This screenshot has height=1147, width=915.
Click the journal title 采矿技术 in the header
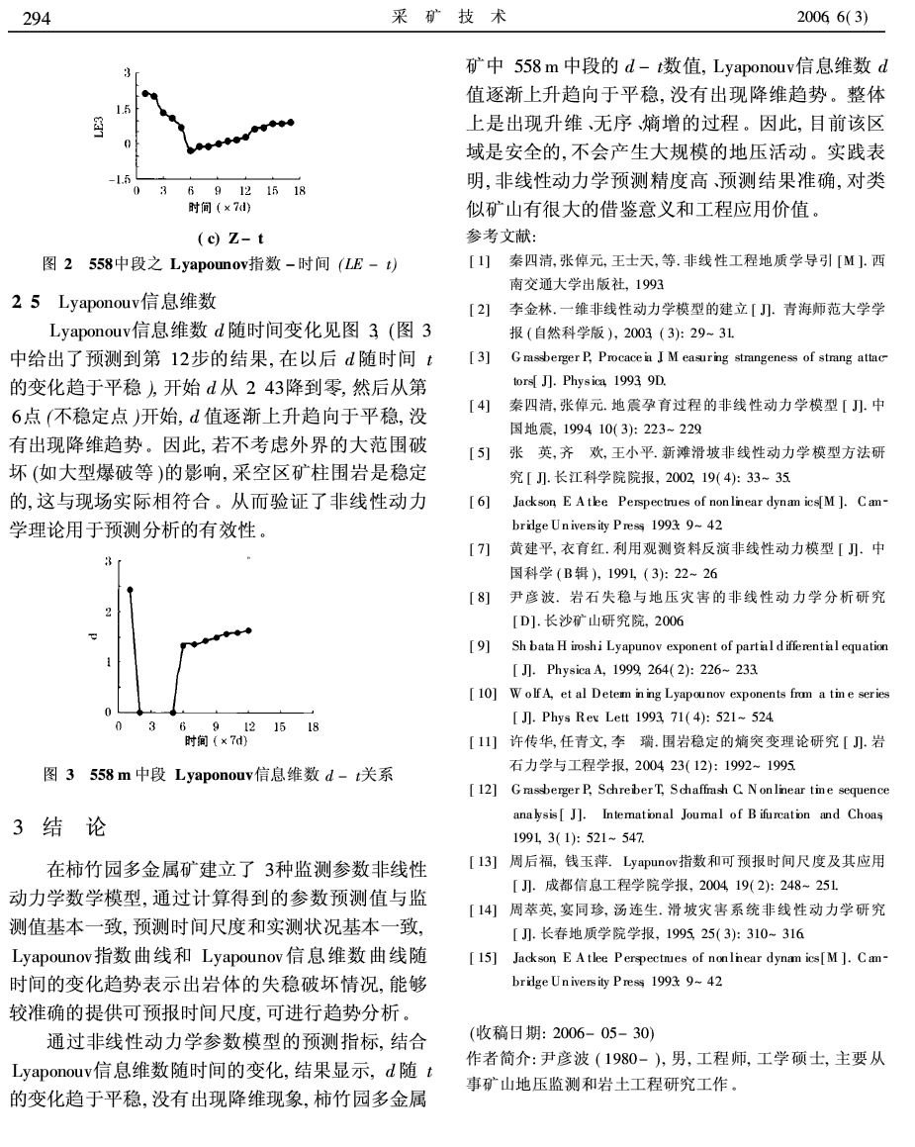[456, 17]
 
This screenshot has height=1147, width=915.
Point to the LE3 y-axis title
[97, 127]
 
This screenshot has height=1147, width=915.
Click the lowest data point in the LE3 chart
[191, 151]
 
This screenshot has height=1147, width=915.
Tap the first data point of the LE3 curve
[144, 93]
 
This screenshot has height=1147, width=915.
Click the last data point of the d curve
[248, 629]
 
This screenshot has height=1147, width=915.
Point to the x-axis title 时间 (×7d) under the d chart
[217, 739]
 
